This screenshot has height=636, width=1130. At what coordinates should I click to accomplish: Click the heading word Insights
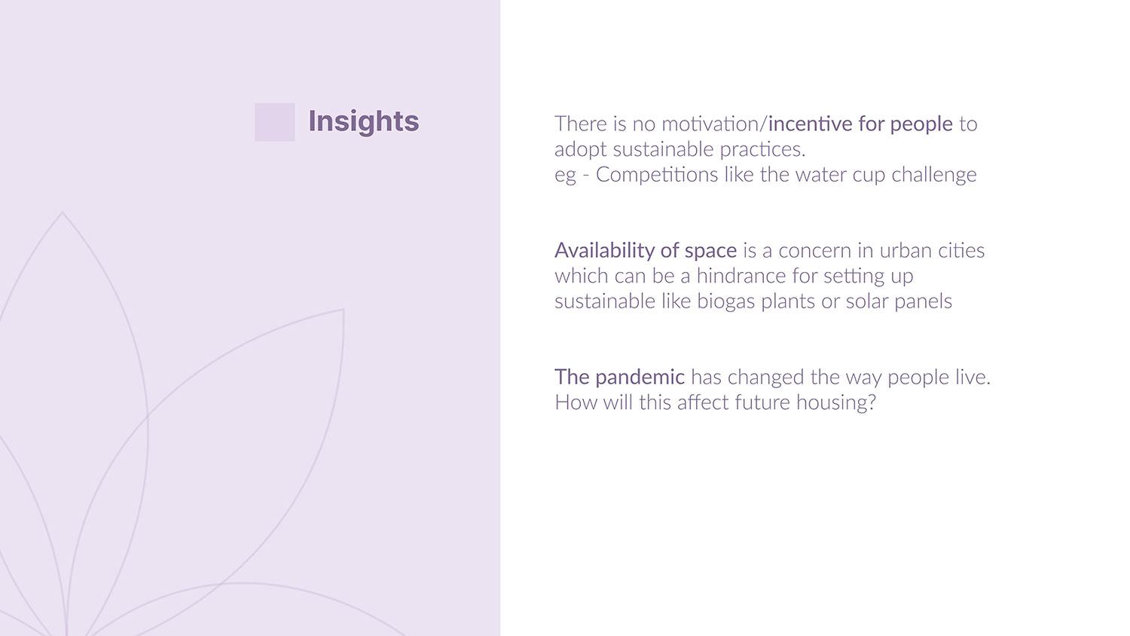(x=363, y=121)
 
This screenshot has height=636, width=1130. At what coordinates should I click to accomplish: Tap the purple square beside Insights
(x=274, y=122)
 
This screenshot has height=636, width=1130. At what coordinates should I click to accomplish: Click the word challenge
(x=934, y=176)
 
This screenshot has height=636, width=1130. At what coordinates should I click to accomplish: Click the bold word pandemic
(x=640, y=378)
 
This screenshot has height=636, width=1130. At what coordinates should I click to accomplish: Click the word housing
(x=836, y=403)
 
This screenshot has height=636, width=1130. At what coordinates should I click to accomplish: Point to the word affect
(x=703, y=403)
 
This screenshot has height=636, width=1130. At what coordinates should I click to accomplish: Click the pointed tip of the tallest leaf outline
(x=62, y=213)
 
